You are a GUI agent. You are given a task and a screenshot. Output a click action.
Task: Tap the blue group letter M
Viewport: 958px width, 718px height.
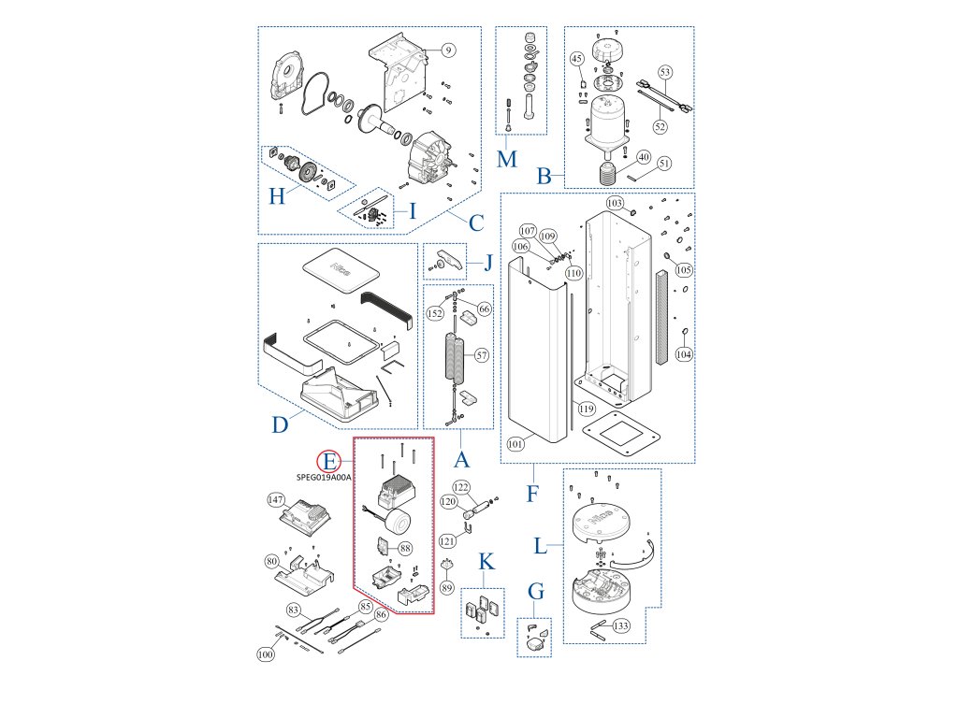(x=506, y=159)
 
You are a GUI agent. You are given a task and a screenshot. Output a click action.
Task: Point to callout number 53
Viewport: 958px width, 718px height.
(x=665, y=72)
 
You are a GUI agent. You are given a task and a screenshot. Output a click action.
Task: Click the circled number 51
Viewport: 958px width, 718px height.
(x=665, y=164)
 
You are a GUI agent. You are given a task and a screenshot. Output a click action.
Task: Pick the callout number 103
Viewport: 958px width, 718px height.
(x=615, y=203)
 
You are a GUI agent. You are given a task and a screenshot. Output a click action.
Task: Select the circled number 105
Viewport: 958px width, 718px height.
(x=684, y=270)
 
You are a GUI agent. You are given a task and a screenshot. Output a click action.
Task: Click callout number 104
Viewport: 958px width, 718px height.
(x=684, y=355)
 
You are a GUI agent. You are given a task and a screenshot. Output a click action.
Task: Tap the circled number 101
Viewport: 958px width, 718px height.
(x=515, y=444)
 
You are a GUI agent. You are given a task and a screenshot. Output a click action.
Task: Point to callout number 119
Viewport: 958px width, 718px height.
(x=587, y=408)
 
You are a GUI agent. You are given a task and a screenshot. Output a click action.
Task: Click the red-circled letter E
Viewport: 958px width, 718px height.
(x=328, y=460)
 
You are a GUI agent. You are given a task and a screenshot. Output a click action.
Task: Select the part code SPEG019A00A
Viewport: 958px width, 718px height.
(x=323, y=476)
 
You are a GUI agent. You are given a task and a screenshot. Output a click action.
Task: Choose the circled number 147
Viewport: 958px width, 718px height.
(x=276, y=499)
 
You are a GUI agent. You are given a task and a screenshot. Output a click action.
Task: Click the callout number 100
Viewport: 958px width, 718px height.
(x=266, y=655)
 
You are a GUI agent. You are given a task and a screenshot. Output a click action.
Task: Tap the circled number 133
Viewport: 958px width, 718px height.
(x=620, y=625)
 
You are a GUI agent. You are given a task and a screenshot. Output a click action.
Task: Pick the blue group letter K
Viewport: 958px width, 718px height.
(x=486, y=562)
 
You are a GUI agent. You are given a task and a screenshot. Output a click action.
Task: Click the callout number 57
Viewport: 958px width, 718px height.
(x=482, y=355)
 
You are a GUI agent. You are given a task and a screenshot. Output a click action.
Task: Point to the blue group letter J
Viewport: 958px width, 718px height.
(x=486, y=261)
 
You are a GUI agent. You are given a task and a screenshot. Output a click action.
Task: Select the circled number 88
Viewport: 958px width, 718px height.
(x=405, y=548)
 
